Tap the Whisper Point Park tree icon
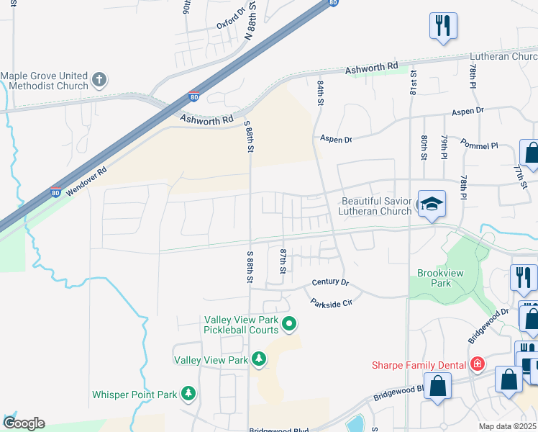[188, 394]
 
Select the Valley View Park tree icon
[258, 359]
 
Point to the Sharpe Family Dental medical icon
[476, 364]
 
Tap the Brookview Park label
[434, 278]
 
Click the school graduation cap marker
[432, 205]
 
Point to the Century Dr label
[330, 283]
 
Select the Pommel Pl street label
[479, 145]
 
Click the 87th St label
[283, 261]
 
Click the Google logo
[24, 423]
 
